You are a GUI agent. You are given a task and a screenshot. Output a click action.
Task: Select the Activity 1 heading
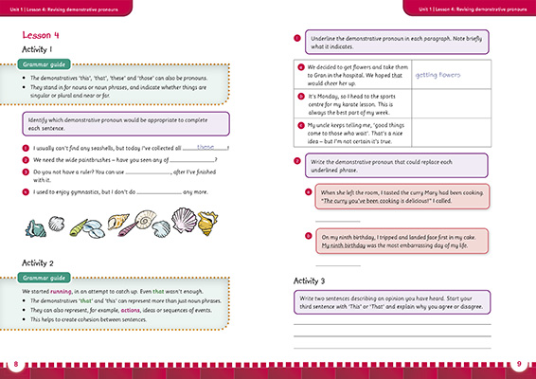(x=43, y=49)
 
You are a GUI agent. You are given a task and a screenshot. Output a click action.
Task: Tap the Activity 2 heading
(x=43, y=262)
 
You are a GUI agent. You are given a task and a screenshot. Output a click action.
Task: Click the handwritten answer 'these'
(x=206, y=148)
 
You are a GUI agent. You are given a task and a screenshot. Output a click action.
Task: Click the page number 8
(x=16, y=364)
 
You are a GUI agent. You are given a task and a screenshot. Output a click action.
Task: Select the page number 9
(x=520, y=364)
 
